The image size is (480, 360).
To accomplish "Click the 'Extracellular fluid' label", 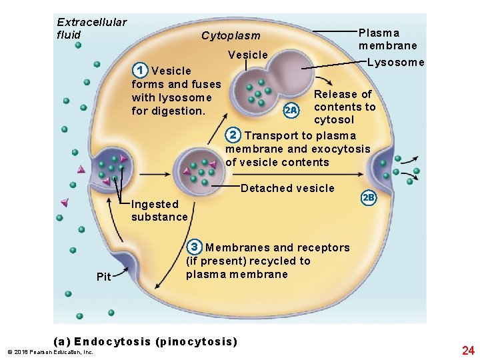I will click(x=91, y=29).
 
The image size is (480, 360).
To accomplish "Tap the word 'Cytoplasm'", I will click(x=231, y=35).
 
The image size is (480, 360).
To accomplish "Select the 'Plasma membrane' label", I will click(x=387, y=39).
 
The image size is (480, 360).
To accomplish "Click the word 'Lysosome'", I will click(x=395, y=63).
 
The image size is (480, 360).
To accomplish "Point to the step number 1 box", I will click(x=139, y=70).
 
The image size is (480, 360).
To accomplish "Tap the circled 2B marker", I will click(x=369, y=198).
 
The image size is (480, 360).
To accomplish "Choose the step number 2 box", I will click(x=233, y=135).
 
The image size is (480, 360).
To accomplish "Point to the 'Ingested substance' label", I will click(x=159, y=211).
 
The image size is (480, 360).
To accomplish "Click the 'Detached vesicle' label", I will click(x=287, y=188).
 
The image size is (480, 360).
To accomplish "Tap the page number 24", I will click(x=467, y=350).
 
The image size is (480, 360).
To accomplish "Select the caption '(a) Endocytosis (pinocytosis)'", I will click(x=155, y=342).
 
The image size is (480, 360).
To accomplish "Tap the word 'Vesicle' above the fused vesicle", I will click(x=247, y=55).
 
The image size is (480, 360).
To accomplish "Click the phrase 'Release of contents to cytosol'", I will click(x=344, y=107).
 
